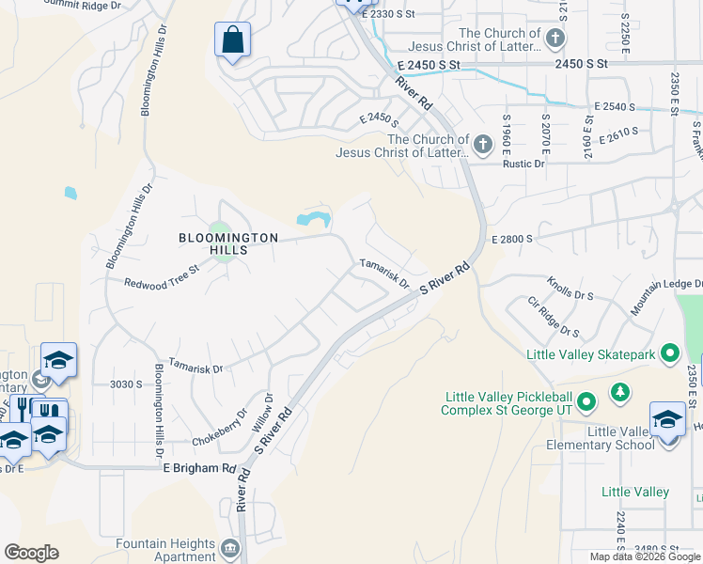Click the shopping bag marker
pyautogui.click(x=232, y=40)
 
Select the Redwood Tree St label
pyautogui.click(x=163, y=275)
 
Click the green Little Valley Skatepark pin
pyautogui.click(x=670, y=353)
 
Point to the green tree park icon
pyautogui.click(x=620, y=391)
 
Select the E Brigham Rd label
pyautogui.click(x=200, y=467)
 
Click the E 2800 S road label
pyautogui.click(x=512, y=240)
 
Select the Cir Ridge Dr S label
pyautogui.click(x=554, y=317)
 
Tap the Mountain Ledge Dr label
pyautogui.click(x=667, y=295)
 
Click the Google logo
pyautogui.click(x=31, y=553)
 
